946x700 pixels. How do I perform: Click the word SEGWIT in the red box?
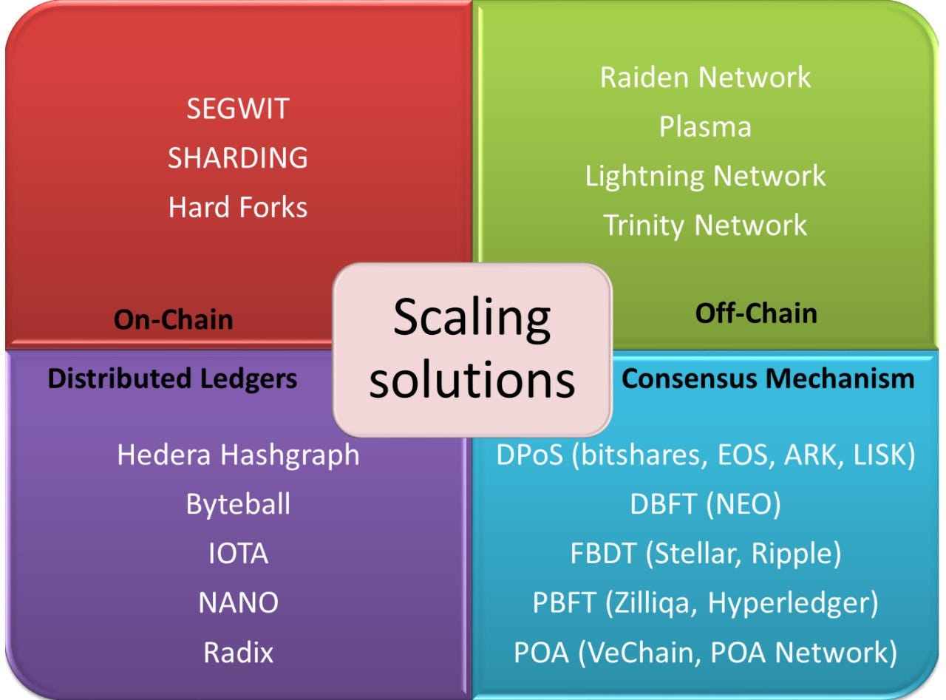(237, 109)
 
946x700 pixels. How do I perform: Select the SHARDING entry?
(237, 157)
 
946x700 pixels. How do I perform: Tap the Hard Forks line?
(237, 207)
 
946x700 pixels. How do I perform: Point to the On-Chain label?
(173, 319)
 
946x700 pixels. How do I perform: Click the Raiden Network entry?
(705, 77)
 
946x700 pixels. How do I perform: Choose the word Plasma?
(705, 126)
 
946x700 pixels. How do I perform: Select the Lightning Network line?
(705, 176)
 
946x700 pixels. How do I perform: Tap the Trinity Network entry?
(705, 225)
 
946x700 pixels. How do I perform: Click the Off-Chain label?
(756, 313)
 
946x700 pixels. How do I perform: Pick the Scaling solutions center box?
(472, 349)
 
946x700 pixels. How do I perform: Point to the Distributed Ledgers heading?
(172, 378)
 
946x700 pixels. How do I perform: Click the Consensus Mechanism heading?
(768, 378)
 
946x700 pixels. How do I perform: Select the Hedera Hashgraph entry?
(238, 455)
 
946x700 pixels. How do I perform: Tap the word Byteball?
(238, 504)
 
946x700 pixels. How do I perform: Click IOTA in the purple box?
(238, 554)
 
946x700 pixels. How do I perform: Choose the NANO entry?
(238, 603)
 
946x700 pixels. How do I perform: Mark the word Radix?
(238, 652)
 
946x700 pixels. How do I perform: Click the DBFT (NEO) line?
(705, 504)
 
